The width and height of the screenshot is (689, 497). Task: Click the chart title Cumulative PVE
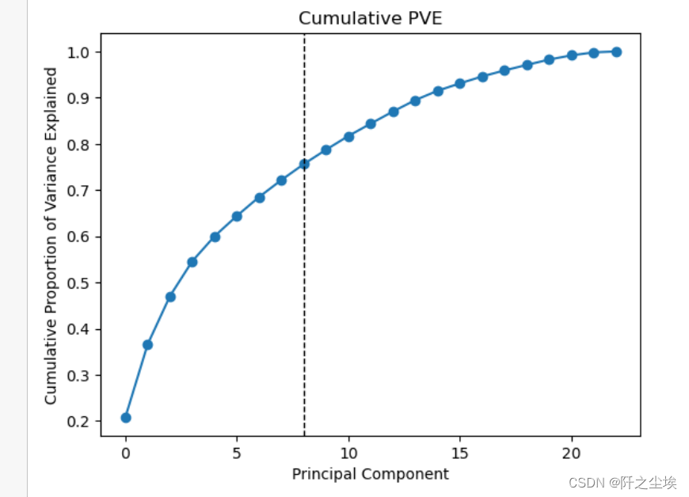pos(370,19)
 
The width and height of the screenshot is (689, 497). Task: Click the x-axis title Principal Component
pos(370,474)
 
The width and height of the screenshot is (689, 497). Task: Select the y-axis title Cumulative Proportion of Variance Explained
pos(51,235)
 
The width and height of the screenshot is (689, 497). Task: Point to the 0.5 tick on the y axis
pos(85,283)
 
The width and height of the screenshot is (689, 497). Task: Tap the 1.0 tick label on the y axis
pos(85,52)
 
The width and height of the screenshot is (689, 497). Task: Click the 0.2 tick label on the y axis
pos(85,422)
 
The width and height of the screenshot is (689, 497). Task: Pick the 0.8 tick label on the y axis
pos(85,145)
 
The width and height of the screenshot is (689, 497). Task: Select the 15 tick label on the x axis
pos(460,453)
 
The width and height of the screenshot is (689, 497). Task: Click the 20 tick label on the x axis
pos(572,453)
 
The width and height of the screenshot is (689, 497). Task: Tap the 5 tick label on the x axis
pos(237,453)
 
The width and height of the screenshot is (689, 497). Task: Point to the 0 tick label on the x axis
pos(125,453)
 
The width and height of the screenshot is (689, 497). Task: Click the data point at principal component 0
pos(125,417)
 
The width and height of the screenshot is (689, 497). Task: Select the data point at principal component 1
pos(147,344)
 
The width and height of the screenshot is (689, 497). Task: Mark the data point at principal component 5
pos(237,216)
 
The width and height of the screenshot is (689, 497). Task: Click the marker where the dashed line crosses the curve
pos(304,164)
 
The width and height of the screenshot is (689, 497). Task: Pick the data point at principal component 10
pos(348,137)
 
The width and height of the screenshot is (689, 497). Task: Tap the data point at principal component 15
pos(460,83)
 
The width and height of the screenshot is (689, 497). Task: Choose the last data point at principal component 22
pos(616,52)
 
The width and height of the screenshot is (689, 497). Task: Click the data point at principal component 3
pos(192,261)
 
